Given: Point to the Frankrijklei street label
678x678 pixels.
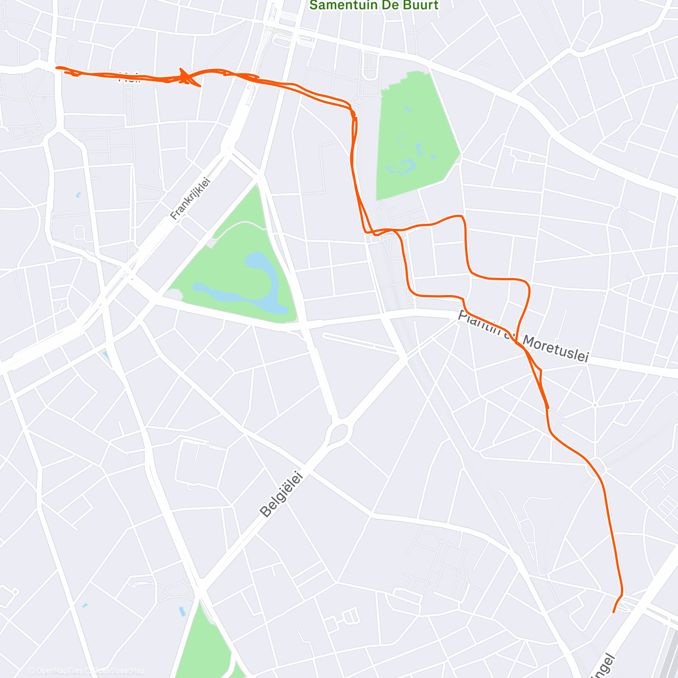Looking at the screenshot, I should [x=190, y=198].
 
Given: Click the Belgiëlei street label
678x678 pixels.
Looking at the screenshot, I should [x=281, y=496].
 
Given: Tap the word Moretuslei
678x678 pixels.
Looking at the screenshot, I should [x=555, y=349].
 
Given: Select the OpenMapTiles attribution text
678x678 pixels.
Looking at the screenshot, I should [x=59, y=671].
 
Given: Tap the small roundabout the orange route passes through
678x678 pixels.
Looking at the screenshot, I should [x=597, y=468].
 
